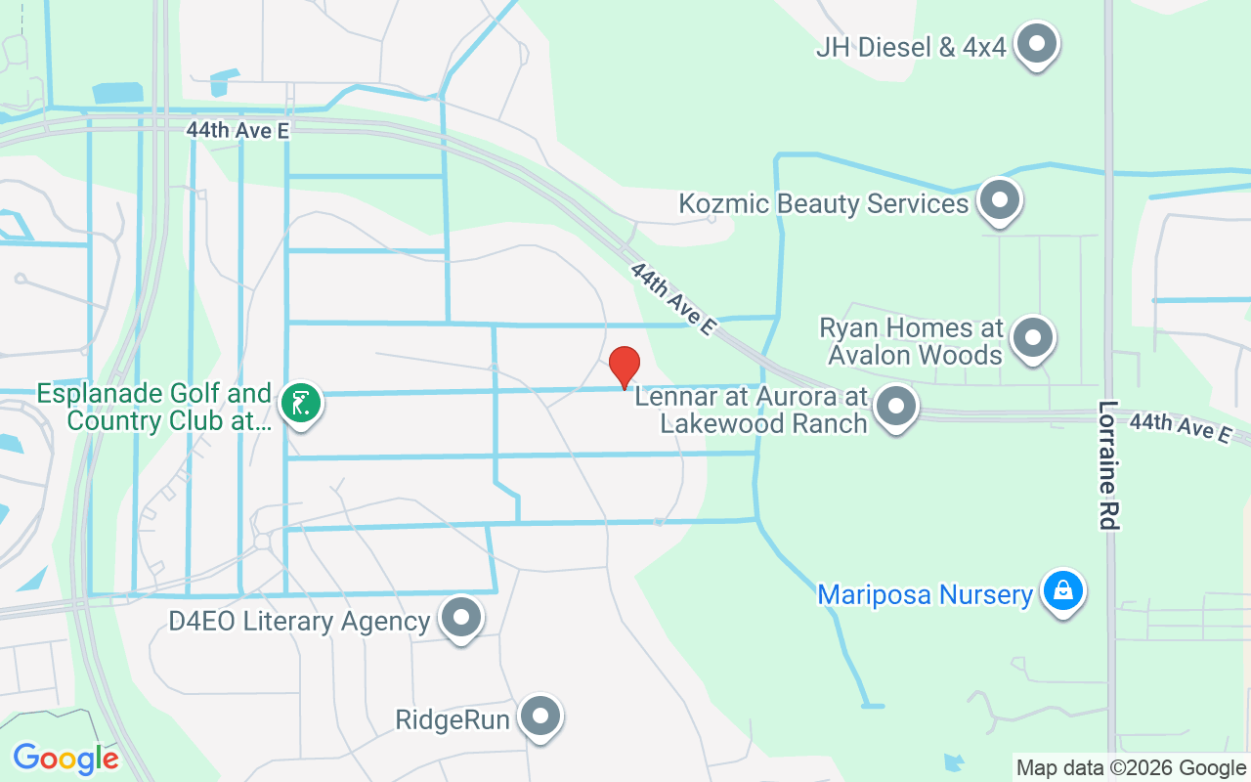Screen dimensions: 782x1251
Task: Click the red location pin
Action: (x=625, y=367)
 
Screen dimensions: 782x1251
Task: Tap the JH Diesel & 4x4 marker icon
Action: (x=1037, y=44)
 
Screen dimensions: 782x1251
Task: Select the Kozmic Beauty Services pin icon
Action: (x=999, y=201)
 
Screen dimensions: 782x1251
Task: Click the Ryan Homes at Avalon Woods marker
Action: (x=1032, y=338)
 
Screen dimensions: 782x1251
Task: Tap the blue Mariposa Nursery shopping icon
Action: (x=1062, y=591)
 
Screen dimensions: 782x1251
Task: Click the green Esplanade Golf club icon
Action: (x=301, y=403)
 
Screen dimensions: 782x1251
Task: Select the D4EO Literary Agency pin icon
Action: (x=461, y=618)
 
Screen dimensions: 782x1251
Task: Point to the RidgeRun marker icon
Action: (x=539, y=717)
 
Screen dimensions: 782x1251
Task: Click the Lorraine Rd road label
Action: (x=1107, y=465)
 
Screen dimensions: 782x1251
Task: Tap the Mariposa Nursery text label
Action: (x=925, y=594)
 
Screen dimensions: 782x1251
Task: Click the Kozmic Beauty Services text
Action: (x=824, y=203)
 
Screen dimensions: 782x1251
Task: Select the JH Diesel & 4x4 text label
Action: (x=911, y=46)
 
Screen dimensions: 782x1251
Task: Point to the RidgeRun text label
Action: (x=453, y=720)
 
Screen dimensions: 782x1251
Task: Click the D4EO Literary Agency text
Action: (x=299, y=621)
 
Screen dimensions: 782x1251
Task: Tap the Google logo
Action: (x=65, y=759)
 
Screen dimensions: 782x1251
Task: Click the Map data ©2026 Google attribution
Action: (x=1130, y=768)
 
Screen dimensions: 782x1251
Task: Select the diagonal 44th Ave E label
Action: (x=673, y=299)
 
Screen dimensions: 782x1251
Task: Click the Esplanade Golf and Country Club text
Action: (x=154, y=408)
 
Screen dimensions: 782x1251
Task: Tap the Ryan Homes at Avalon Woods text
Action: (x=911, y=340)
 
